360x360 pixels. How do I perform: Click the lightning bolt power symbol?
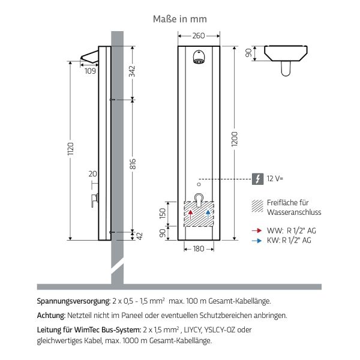pyautogui.click(x=258, y=178)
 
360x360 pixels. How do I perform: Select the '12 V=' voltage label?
pyautogui.click(x=275, y=178)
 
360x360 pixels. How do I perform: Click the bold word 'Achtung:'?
pyautogui.click(x=51, y=314)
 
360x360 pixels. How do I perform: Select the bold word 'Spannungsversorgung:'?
pyautogui.click(x=73, y=301)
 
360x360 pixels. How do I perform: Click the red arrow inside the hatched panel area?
pyautogui.click(x=191, y=214)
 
